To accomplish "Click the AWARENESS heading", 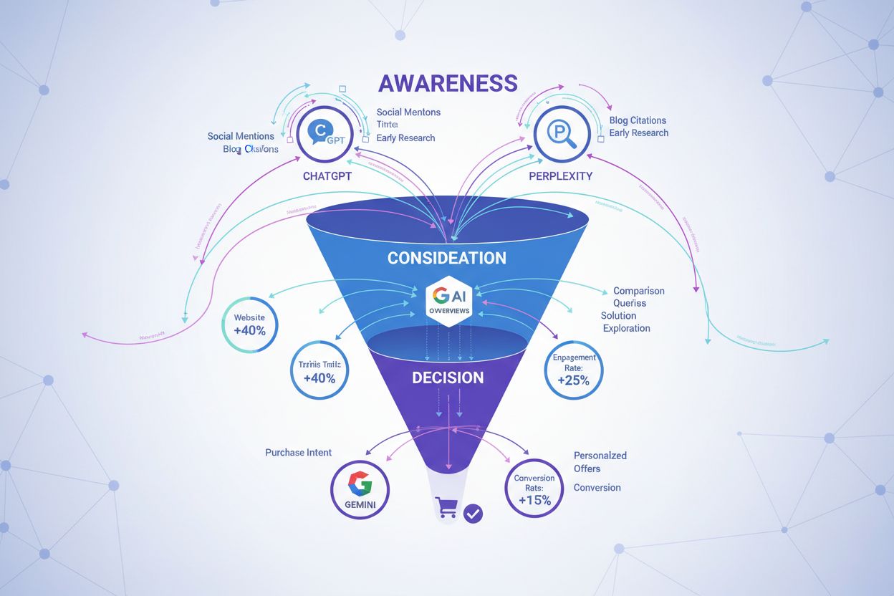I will tap(447, 83).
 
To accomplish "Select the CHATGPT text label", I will tap(327, 176).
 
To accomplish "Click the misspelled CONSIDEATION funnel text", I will tap(446, 258).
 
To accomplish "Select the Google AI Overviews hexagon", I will tap(447, 300).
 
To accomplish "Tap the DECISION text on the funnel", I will tap(448, 378).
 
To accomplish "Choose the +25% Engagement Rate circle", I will tap(574, 370).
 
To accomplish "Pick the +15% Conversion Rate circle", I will tap(534, 489).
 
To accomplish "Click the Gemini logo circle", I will tap(360, 490).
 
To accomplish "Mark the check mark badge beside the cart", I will tap(473, 513).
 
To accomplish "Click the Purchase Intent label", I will tap(298, 453).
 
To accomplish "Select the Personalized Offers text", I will tap(600, 462).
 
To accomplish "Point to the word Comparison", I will tap(638, 291).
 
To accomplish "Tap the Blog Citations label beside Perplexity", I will tap(638, 120).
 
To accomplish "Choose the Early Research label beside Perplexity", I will tap(638, 133).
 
